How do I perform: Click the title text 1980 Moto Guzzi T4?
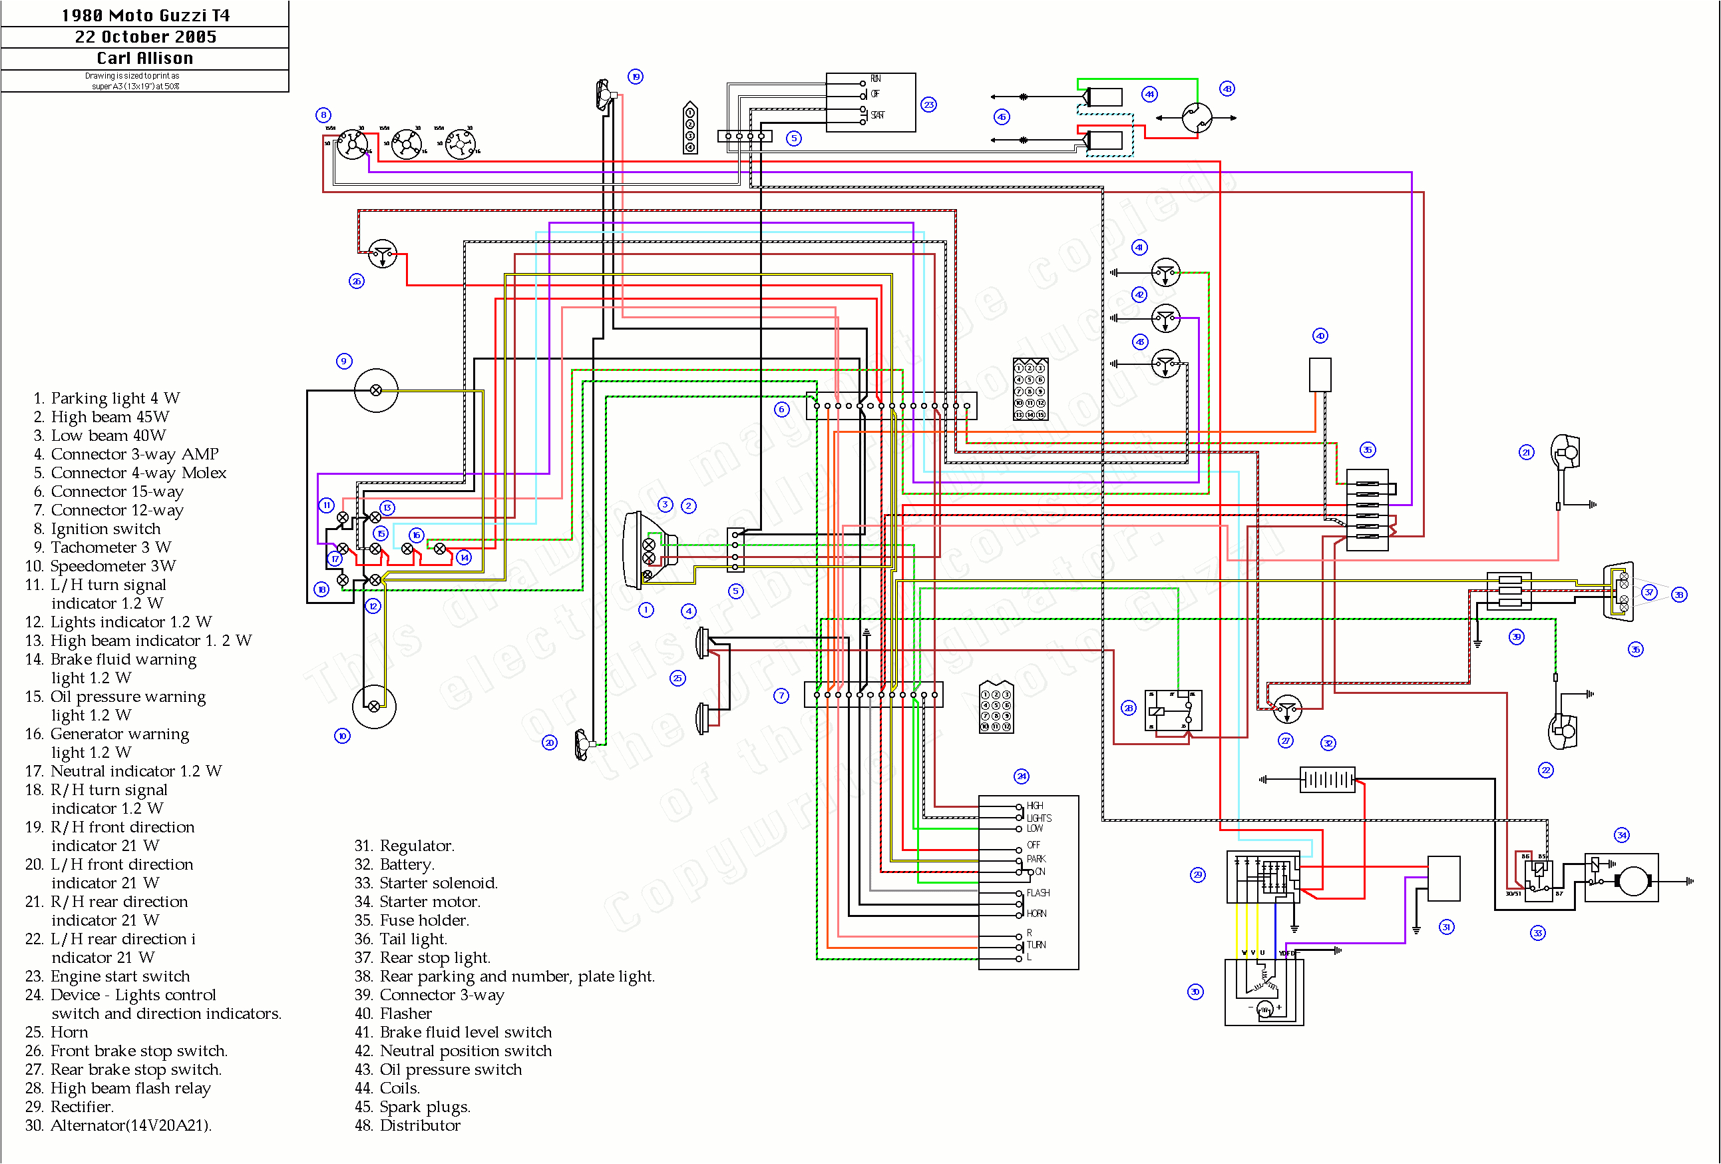click(x=145, y=15)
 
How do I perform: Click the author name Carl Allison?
click(x=145, y=58)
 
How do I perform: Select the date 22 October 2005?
click(x=145, y=37)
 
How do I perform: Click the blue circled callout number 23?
click(x=928, y=105)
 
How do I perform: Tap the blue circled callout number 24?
click(x=1021, y=776)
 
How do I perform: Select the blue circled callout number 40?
click(x=1320, y=336)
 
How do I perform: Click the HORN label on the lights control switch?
click(x=1036, y=913)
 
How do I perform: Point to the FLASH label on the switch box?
click(x=1038, y=892)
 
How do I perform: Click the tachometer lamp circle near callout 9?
click(x=375, y=390)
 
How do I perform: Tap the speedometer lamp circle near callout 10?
click(x=374, y=706)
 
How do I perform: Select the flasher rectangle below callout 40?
click(x=1320, y=374)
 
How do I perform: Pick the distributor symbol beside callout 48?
click(x=1196, y=117)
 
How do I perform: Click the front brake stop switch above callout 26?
click(x=382, y=254)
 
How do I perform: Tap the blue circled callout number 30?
click(x=1195, y=992)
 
